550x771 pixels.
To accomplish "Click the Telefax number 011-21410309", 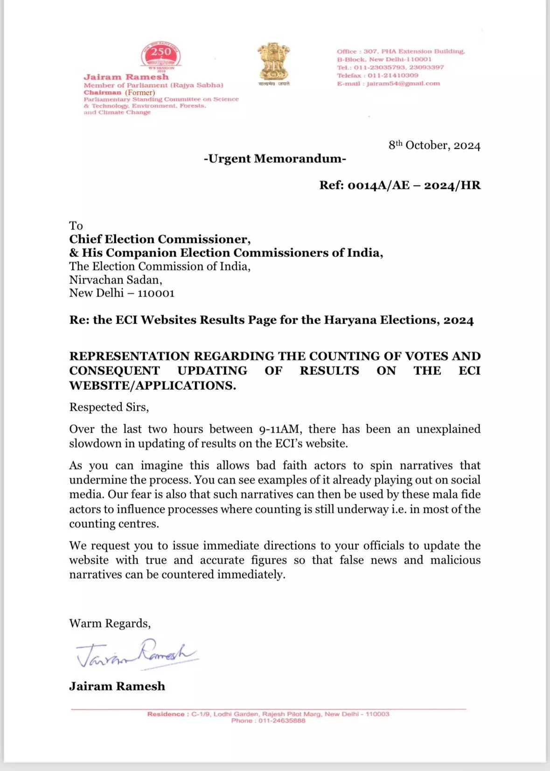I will coord(393,76).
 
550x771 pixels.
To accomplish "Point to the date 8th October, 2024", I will coord(434,145).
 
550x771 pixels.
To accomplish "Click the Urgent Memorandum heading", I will coord(275,159).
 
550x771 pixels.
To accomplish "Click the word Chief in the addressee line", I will coord(85,240).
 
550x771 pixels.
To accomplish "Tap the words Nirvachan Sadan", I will coord(115,280).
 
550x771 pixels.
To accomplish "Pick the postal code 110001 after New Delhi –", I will coord(156,293).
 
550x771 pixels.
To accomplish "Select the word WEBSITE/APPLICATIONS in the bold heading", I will coord(153,386).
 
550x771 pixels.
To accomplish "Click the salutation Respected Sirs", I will coord(109,407).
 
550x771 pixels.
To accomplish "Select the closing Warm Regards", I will coord(110,624).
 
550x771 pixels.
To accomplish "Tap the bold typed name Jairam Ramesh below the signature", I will coord(117,686).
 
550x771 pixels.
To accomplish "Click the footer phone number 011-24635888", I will coord(282,721).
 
